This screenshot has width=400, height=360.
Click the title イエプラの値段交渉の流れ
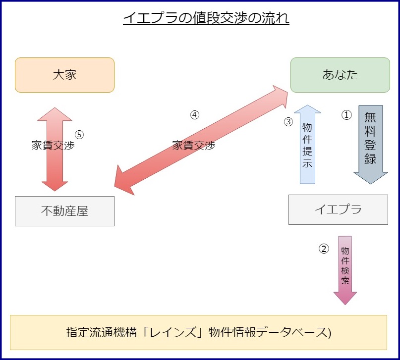[x=206, y=19]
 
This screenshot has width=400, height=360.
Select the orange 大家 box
[x=64, y=75]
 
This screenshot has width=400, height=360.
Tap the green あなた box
[x=340, y=75]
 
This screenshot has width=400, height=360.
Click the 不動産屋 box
[x=64, y=211]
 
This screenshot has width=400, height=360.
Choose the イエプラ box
[x=338, y=209]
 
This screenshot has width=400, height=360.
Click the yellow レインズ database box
[x=198, y=332]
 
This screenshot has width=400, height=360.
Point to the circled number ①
[x=346, y=115]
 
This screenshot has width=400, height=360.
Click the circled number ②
[x=323, y=249]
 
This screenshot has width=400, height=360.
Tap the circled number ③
[x=288, y=122]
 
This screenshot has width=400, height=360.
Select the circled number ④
[x=195, y=114]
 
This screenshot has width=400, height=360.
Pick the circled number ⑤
[x=79, y=134]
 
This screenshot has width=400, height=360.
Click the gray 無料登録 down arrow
[x=370, y=144]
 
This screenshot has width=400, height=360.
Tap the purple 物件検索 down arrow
[x=345, y=270]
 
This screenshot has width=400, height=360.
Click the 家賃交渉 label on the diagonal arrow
[x=194, y=146]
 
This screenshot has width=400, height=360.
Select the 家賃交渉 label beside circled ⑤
[x=53, y=146]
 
